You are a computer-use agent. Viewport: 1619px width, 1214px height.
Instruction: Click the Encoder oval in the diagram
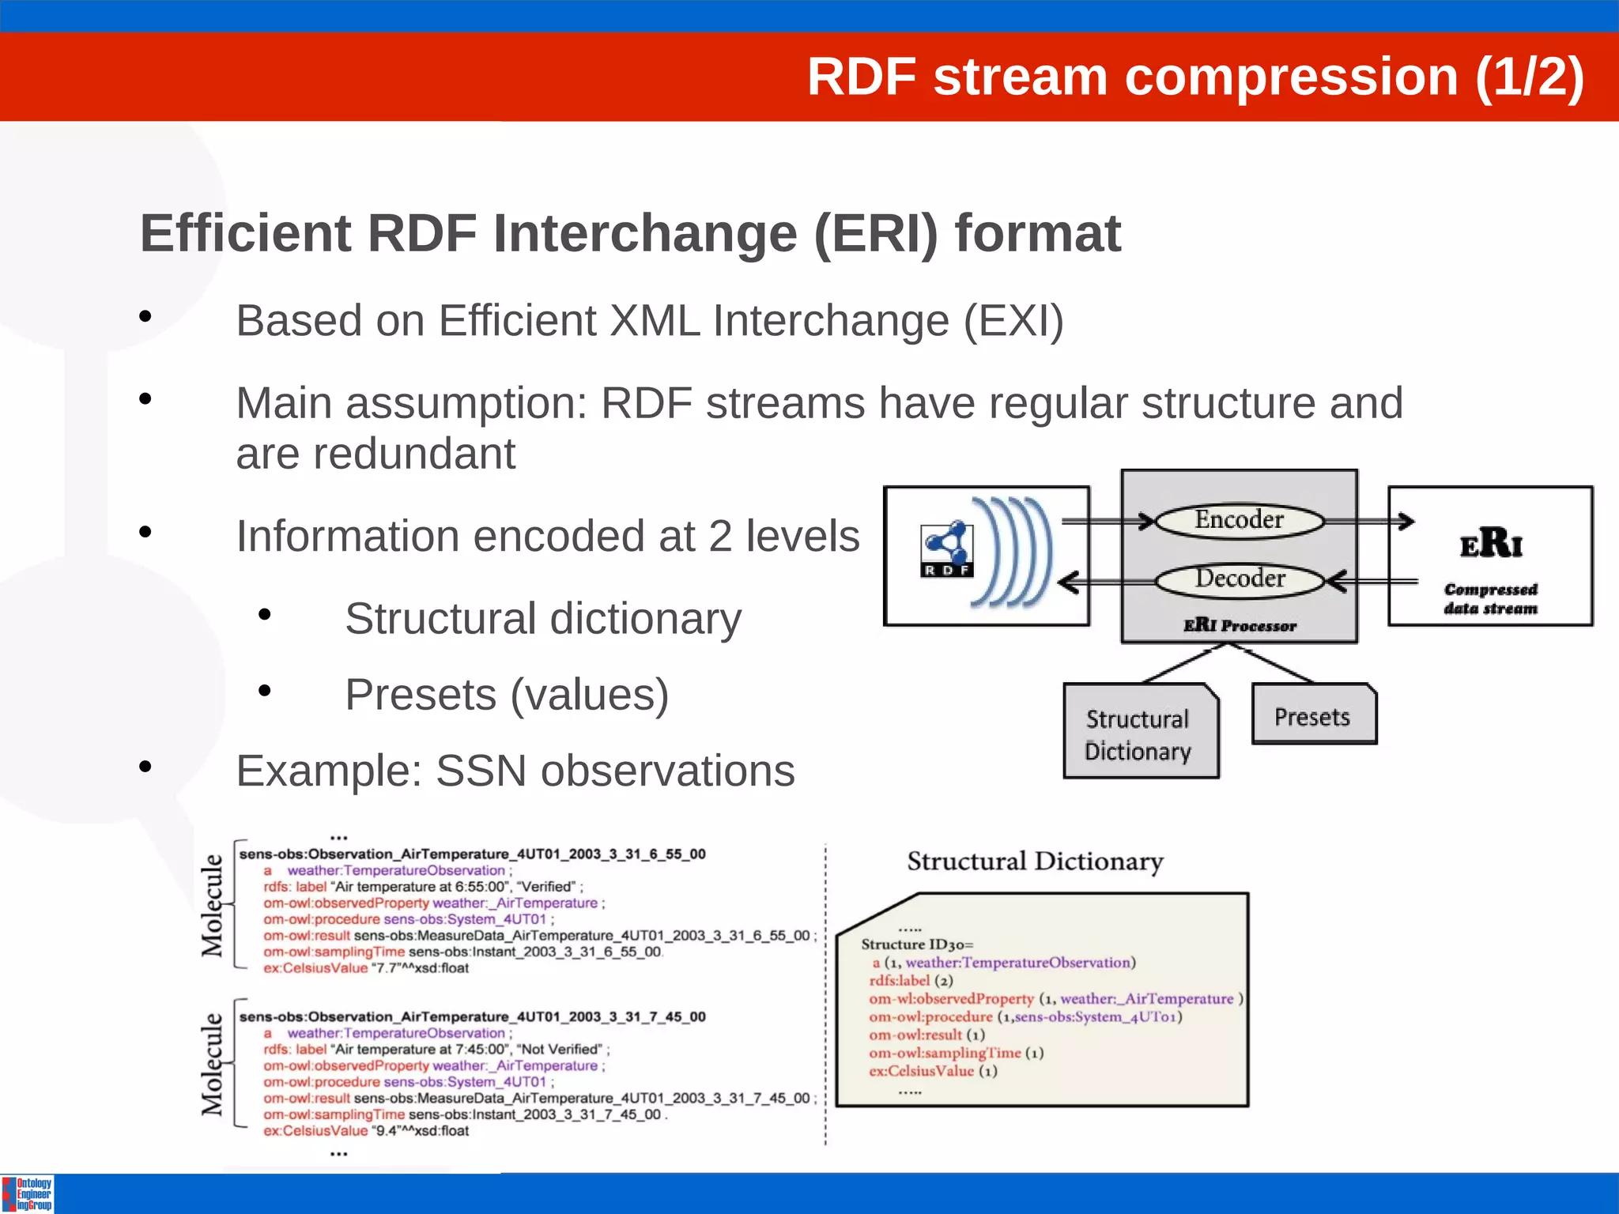(1239, 521)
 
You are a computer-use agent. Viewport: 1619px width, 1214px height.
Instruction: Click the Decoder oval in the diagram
(1239, 579)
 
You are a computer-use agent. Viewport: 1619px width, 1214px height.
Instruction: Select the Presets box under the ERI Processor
(1313, 715)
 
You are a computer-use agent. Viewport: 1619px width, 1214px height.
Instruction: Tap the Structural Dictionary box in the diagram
(1138, 733)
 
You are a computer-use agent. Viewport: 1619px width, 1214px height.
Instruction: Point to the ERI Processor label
(1239, 626)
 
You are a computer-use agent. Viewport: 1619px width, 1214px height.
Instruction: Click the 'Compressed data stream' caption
(1490, 599)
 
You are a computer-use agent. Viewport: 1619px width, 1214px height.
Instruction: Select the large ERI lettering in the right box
(1490, 544)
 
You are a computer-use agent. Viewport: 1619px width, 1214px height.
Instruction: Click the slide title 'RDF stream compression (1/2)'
(1194, 77)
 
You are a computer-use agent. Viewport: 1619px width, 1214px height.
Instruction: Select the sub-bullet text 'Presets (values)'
(507, 695)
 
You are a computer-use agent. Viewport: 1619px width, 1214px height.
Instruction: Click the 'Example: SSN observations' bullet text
(515, 771)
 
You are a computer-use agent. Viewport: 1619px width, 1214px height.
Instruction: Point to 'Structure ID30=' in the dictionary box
(917, 944)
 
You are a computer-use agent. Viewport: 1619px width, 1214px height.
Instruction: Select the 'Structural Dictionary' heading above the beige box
(1035, 861)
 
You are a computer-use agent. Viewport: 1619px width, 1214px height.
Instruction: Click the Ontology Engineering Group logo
(28, 1194)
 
